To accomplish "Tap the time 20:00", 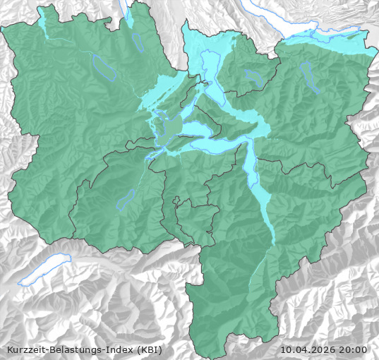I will point(354,349).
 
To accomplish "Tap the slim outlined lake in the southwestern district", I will point(126,200).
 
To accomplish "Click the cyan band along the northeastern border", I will point(332,46).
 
